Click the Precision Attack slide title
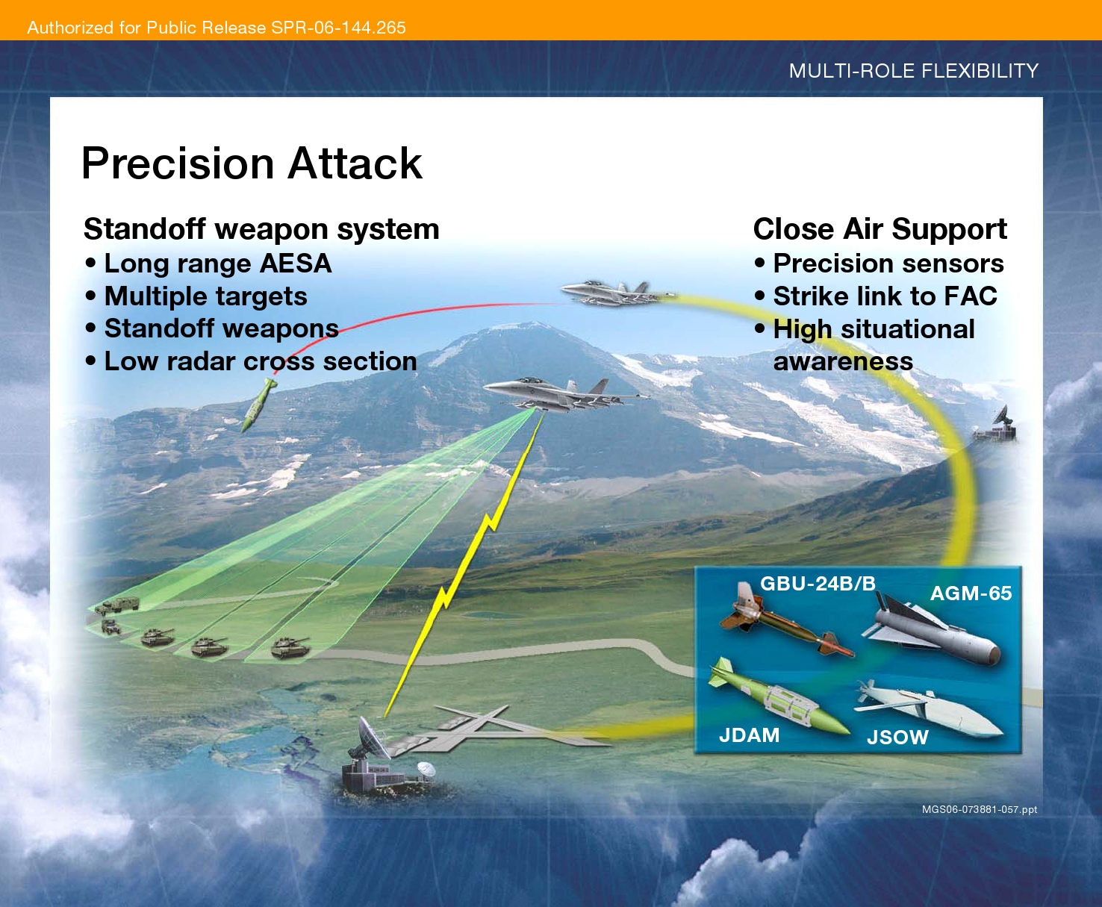coord(252,163)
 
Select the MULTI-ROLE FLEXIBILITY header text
coord(913,71)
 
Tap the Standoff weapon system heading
coord(261,229)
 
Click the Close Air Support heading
coord(880,229)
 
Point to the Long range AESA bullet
coord(217,264)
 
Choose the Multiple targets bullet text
coord(205,296)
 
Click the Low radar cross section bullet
coord(260,361)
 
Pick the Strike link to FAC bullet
coord(885,296)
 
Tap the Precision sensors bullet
coord(888,264)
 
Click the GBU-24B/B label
coord(818,583)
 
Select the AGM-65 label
coord(971,593)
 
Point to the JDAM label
coord(749,735)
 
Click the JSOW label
coord(897,738)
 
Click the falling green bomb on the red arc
coord(258,405)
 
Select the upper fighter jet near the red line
coord(612,293)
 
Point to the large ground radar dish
coord(373,739)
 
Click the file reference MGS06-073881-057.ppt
coord(979,809)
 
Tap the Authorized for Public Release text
coord(217,28)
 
